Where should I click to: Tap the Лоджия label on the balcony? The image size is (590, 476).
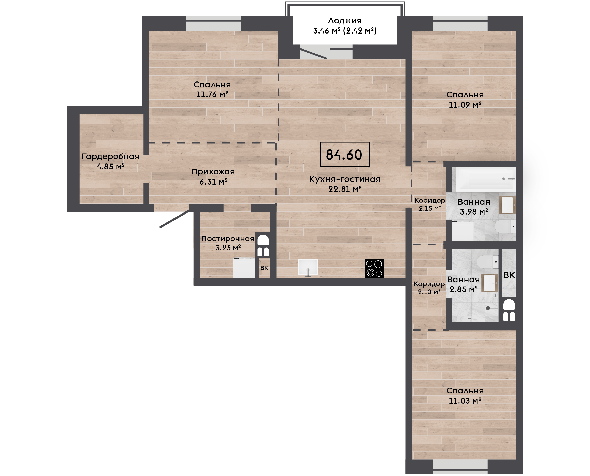click(345, 21)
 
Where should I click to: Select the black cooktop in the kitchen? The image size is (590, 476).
click(374, 268)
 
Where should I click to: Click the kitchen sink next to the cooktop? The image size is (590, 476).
click(308, 267)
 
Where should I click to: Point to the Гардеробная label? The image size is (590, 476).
click(110, 156)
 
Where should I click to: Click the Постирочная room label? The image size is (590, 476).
click(228, 239)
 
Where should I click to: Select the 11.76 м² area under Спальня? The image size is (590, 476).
click(212, 95)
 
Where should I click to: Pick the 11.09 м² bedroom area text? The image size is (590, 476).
click(465, 105)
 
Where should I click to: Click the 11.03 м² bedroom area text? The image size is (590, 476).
click(465, 401)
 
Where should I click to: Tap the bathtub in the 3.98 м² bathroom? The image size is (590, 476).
click(486, 179)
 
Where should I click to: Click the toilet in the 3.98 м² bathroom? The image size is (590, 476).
click(505, 226)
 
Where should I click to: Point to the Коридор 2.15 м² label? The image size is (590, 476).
click(430, 204)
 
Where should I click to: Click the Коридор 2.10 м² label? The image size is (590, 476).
click(429, 288)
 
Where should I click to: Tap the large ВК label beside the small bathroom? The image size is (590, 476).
click(509, 275)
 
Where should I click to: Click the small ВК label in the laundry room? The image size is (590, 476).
click(264, 268)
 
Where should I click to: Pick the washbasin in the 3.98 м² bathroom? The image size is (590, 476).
click(507, 205)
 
